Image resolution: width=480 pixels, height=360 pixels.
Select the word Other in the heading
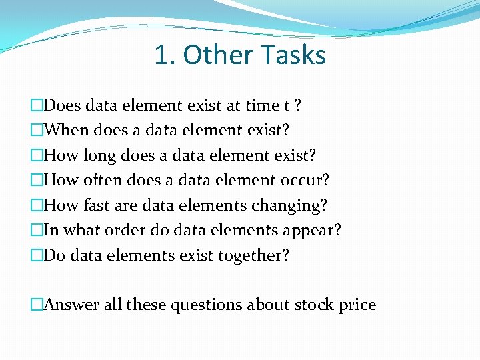pyautogui.click(x=213, y=55)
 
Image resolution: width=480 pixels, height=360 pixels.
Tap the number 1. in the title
pyautogui.click(x=165, y=55)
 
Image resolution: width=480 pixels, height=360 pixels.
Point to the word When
pyautogui.click(x=69, y=130)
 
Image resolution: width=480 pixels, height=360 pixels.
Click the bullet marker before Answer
pyautogui.click(x=37, y=305)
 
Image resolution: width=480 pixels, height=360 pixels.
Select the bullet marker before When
pyautogui.click(x=37, y=130)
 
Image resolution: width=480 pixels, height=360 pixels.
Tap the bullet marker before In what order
pyautogui.click(x=37, y=230)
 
